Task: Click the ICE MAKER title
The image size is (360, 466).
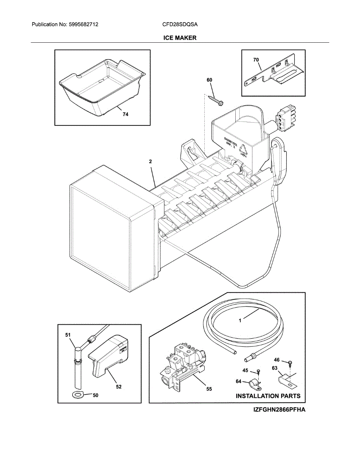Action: coord(179,38)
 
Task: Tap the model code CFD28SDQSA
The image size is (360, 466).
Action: coord(180,24)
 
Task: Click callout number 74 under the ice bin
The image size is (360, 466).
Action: coord(125,115)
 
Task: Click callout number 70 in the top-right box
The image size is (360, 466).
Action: coord(256,60)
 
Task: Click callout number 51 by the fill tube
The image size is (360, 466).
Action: coord(68,334)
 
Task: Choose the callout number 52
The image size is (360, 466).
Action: coord(118,386)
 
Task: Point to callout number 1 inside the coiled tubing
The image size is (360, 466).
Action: coord(240,321)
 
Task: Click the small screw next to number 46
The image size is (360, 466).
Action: coord(290,363)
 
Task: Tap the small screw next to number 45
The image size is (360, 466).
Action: coord(258,372)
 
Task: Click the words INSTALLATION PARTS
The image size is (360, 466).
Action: coord(268,396)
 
